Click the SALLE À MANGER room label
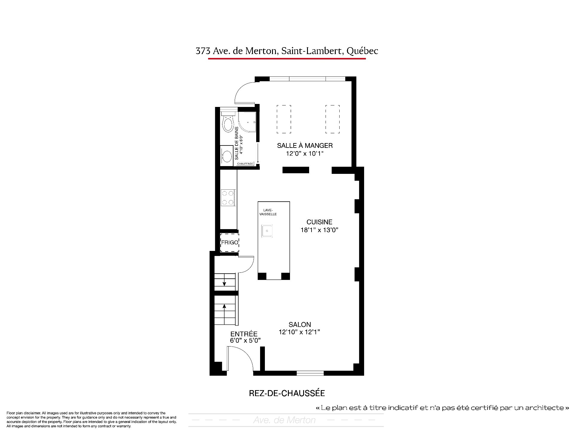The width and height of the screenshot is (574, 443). tap(305, 145)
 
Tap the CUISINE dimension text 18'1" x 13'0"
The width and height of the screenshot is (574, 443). tap(319, 230)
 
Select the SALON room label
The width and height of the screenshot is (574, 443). tap(300, 324)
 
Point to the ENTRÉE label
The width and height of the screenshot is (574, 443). tap(244, 334)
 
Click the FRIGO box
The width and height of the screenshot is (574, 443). tap(230, 243)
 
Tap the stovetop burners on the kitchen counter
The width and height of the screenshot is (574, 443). tap(228, 198)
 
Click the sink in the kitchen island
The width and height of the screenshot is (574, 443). tap(267, 231)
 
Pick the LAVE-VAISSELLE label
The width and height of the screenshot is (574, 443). tap(268, 212)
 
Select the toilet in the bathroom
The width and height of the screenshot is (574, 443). tap(228, 122)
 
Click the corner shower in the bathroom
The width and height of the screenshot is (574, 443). tap(248, 123)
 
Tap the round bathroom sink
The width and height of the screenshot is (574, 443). tap(227, 156)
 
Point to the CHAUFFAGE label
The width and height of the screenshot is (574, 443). tap(245, 164)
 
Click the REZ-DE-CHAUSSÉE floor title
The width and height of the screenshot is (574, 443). tap(287, 393)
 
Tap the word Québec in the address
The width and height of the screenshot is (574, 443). tap(362, 51)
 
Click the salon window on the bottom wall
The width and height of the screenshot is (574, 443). tap(310, 373)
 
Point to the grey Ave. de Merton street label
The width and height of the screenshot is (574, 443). tap(284, 420)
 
